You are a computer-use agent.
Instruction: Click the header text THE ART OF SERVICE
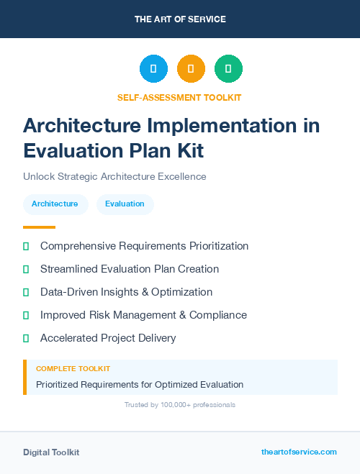[x=180, y=19]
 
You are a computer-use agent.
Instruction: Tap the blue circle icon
[x=153, y=68]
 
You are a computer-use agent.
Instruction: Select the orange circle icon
[x=191, y=68]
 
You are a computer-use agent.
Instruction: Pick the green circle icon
[x=228, y=68]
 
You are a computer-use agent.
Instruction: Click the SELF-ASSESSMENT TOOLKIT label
[x=179, y=97]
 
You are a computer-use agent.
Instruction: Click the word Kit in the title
[x=189, y=150]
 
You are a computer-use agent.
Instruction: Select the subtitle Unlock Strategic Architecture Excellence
[x=114, y=176]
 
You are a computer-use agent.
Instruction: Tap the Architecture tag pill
[x=55, y=204]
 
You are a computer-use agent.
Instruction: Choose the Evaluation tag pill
[x=125, y=204]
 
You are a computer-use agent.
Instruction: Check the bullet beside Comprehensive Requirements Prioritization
[x=26, y=246]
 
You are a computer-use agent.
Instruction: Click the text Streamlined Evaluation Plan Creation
[x=130, y=269]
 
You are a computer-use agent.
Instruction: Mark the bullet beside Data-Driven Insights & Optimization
[x=26, y=292]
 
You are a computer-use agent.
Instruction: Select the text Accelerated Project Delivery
[x=108, y=338]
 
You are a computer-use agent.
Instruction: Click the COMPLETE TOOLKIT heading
[x=73, y=368]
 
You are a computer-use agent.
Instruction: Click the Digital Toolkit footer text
[x=51, y=452]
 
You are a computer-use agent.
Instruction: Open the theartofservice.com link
[x=299, y=452]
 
